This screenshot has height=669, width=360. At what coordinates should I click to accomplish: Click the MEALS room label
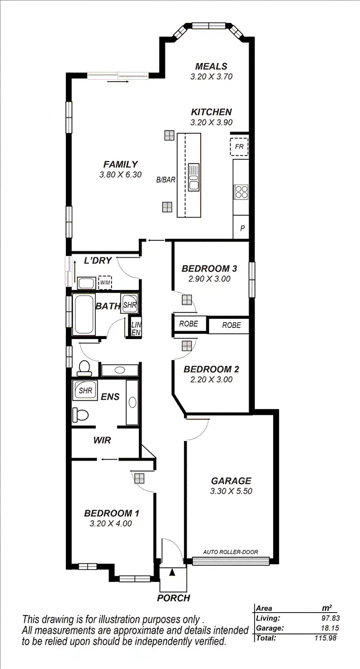[208, 66]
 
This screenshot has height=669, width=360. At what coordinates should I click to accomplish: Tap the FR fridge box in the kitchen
[240, 147]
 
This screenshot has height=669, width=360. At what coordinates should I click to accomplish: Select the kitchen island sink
[193, 176]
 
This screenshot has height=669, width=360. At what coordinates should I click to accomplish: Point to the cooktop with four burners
[241, 192]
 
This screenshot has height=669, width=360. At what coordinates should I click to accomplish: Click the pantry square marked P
[242, 228]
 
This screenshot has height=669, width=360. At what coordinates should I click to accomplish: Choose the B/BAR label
[166, 180]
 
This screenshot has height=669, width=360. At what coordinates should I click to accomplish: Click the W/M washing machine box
[105, 283]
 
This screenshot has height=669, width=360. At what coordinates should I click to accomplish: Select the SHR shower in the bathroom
[129, 305]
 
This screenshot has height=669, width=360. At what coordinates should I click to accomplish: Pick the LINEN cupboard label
[135, 328]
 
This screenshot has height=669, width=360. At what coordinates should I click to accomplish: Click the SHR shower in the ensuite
[85, 391]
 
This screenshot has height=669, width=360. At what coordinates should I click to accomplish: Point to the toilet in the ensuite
[79, 415]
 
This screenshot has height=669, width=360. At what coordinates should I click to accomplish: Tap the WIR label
[102, 440]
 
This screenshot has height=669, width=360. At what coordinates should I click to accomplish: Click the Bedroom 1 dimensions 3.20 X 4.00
[111, 523]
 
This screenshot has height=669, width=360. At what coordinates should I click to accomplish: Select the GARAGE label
[231, 481]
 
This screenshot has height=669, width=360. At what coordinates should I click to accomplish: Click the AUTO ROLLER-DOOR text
[231, 552]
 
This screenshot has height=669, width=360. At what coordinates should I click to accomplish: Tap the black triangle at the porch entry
[172, 572]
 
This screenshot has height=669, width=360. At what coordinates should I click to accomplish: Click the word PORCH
[173, 598]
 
